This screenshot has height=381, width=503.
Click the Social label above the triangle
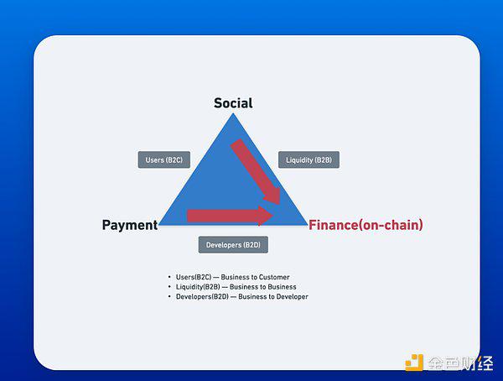tap(233, 103)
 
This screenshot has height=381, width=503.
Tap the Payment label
tap(130, 225)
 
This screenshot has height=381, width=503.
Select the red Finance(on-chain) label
tap(366, 225)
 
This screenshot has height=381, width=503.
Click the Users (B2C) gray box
tap(164, 159)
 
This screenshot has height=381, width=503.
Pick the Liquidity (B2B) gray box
tap(309, 159)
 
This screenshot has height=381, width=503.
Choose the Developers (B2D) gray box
tap(233, 245)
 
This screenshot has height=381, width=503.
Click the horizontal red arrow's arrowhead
tap(266, 216)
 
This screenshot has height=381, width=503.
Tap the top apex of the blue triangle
tap(233, 113)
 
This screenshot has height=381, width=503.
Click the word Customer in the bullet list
tap(274, 277)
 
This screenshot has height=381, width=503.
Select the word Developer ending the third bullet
tap(291, 296)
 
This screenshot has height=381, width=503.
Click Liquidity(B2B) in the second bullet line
tap(198, 287)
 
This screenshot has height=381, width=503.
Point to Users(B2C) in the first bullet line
tap(194, 277)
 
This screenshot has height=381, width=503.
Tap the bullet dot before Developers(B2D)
tap(169, 296)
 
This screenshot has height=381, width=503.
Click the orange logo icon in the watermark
tap(414, 363)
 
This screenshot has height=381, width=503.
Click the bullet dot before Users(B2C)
tap(169, 277)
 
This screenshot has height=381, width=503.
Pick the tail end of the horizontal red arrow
tap(187, 216)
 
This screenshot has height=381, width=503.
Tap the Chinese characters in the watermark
tap(460, 363)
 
